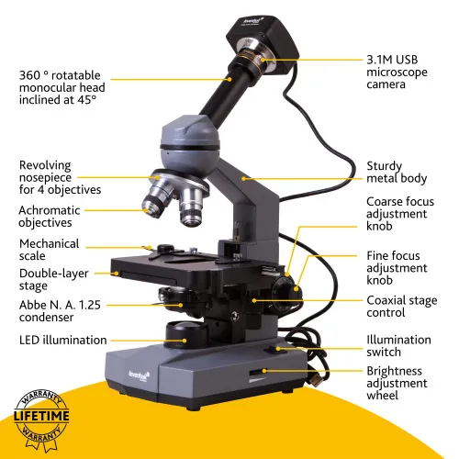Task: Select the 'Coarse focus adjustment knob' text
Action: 397,213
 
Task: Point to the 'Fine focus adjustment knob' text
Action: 397,267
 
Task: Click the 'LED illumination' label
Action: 62,340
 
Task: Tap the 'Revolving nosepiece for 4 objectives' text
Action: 60,177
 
